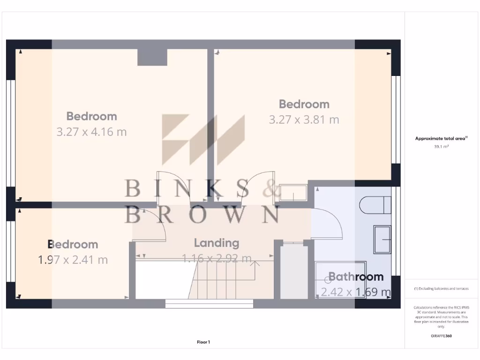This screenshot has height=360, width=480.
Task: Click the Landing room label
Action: coord(217,243)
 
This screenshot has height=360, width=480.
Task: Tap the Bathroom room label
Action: coord(356,277)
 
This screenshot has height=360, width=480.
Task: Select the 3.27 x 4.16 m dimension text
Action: coord(91,132)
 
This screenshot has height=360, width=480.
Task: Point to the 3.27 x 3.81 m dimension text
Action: coord(304,120)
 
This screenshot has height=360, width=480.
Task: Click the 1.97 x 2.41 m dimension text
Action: coord(73,259)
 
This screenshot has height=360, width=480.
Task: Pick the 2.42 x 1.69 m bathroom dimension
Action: coord(356,292)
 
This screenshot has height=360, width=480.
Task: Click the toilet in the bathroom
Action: coord(375,205)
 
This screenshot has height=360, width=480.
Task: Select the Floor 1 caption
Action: coord(203,342)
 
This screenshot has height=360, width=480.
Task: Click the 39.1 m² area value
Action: coord(442,146)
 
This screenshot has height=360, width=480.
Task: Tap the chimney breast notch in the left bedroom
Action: coord(152,57)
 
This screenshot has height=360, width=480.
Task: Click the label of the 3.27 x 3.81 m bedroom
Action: coord(304,104)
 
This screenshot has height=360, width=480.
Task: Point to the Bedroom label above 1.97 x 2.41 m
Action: coord(73,244)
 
